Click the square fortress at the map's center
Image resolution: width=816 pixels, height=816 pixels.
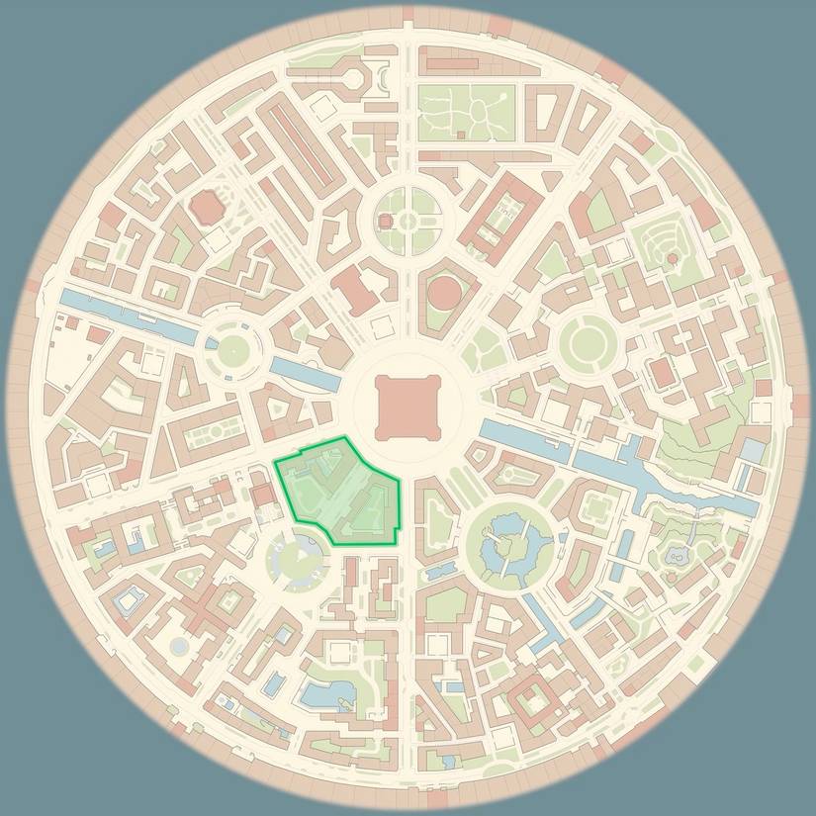pos(407,408)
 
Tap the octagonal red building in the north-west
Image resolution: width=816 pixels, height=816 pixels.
pos(206,208)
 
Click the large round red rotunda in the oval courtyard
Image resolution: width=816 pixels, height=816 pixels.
pos(446,294)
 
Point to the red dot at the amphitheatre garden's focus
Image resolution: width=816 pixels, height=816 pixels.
pos(673,258)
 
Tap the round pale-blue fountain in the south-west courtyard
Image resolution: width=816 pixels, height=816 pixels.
pos(179,646)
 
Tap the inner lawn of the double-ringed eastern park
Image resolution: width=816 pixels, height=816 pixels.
pos(588,342)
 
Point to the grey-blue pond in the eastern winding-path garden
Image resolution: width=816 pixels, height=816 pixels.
pos(678,557)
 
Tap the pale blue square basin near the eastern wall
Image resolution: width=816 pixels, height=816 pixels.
pos(754,450)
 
